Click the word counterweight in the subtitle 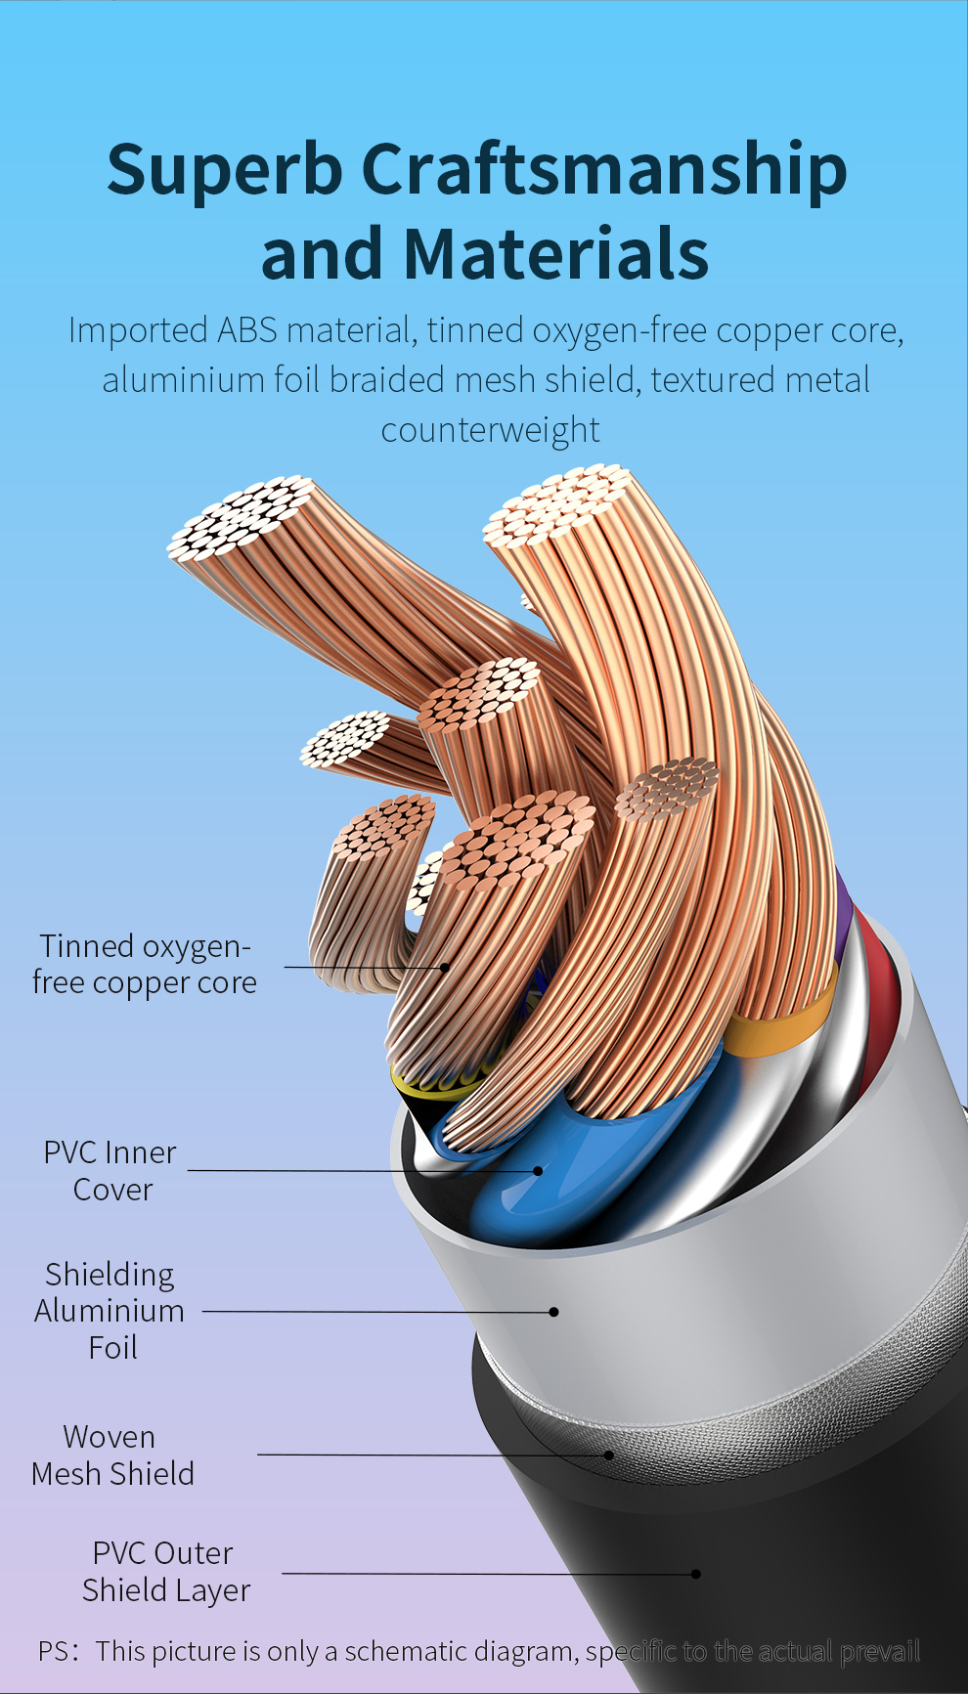(x=490, y=430)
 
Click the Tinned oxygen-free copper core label (x=144, y=964)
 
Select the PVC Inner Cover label (x=110, y=1171)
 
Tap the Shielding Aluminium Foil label (x=110, y=1311)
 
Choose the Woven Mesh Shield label (x=112, y=1455)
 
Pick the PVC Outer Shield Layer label (x=165, y=1572)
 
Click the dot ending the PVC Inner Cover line (x=538, y=1170)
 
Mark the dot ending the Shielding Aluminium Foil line (x=553, y=1312)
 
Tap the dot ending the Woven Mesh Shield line (x=609, y=1455)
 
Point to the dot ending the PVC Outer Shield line (x=696, y=1574)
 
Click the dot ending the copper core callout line (x=446, y=968)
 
